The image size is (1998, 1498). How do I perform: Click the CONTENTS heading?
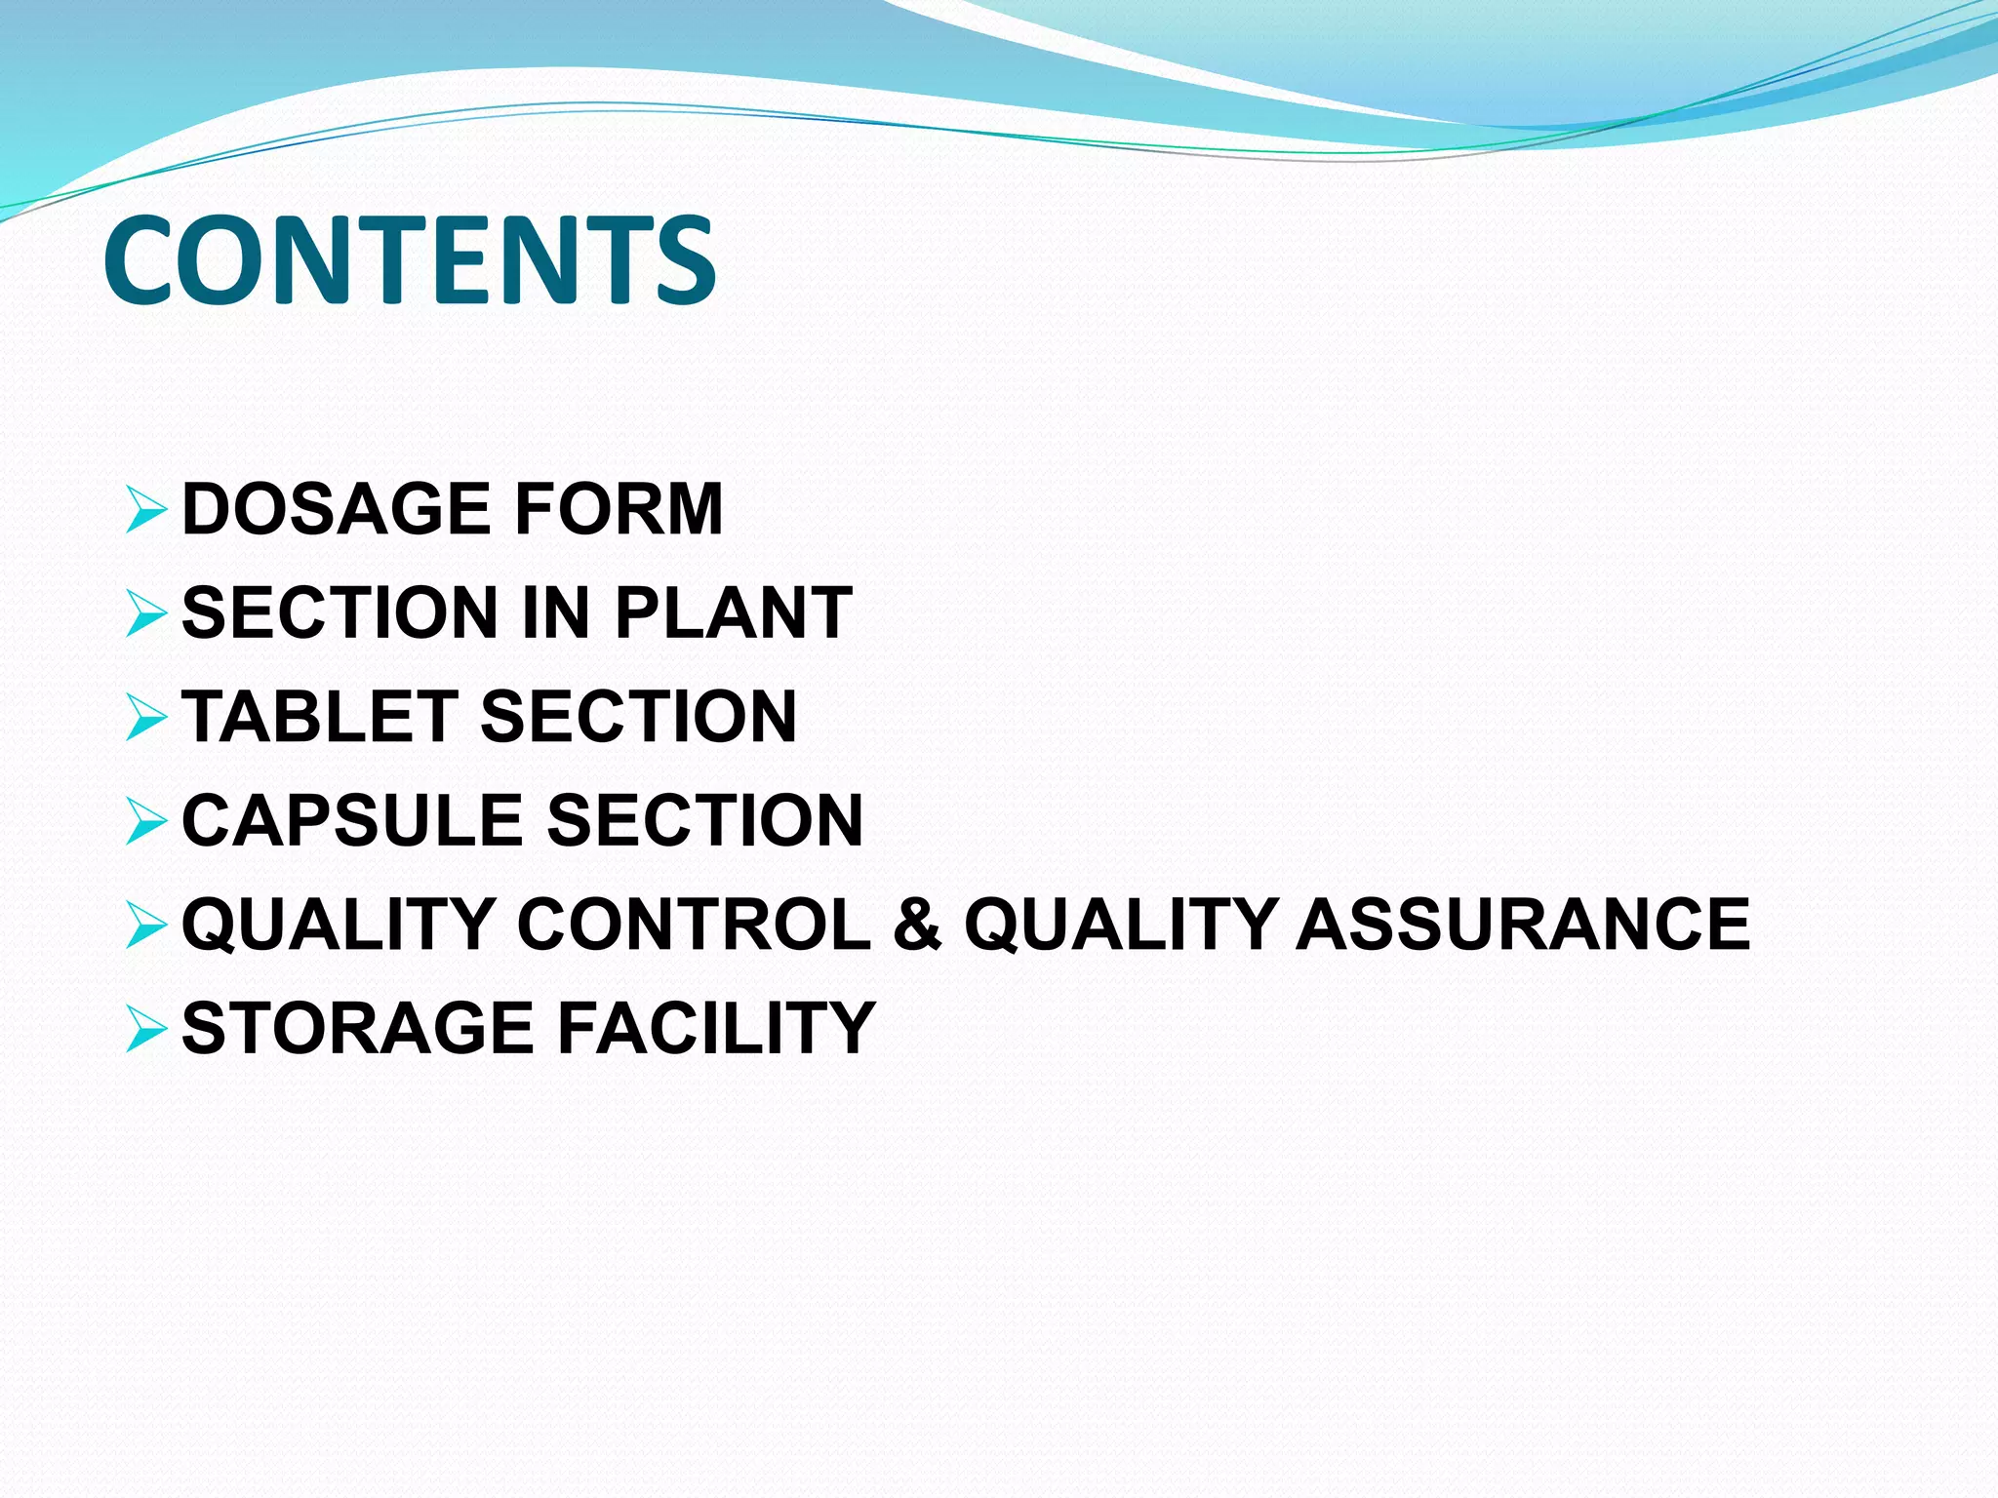pos(410,260)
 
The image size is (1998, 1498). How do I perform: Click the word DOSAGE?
pos(336,509)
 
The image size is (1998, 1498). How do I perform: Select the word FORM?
pos(619,509)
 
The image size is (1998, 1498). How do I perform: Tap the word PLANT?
pos(734,613)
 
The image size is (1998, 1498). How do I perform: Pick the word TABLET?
pos(320,717)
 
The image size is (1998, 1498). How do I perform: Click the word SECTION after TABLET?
pos(639,717)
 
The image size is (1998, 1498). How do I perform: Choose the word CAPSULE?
pos(352,820)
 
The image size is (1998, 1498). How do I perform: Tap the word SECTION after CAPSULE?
pos(705,820)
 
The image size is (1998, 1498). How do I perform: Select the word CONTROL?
pos(694,924)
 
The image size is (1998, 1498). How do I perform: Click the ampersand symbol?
pos(917,924)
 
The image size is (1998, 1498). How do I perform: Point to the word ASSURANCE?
pos(1524,924)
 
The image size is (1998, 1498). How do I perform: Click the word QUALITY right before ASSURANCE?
pos(1121,924)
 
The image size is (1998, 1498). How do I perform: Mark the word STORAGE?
pos(358,1028)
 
